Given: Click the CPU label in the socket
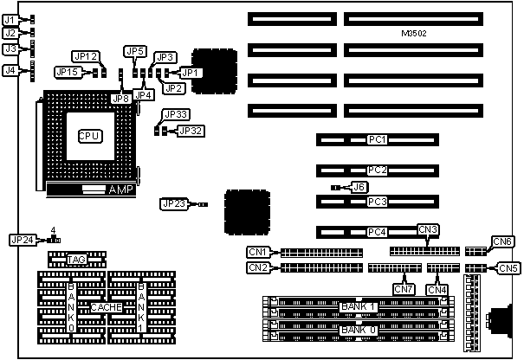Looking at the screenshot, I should point(90,135).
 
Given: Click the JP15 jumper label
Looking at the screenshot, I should point(68,72).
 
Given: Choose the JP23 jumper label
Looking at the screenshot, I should point(172,204).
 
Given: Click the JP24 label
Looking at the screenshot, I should point(23,240).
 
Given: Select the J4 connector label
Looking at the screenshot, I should point(10,70).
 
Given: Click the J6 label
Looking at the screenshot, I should point(359,186).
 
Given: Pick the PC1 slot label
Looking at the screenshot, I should point(377,139).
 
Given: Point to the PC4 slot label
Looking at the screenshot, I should point(377,232).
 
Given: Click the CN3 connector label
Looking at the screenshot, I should point(428,229).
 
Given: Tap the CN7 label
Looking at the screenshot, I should point(404,288).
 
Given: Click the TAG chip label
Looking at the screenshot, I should point(75,259).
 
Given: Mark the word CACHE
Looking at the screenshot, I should point(106,307).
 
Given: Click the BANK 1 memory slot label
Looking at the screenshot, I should point(359,307).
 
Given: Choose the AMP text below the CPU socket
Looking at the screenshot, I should point(121,190).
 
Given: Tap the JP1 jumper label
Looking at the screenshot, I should point(191,73).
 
